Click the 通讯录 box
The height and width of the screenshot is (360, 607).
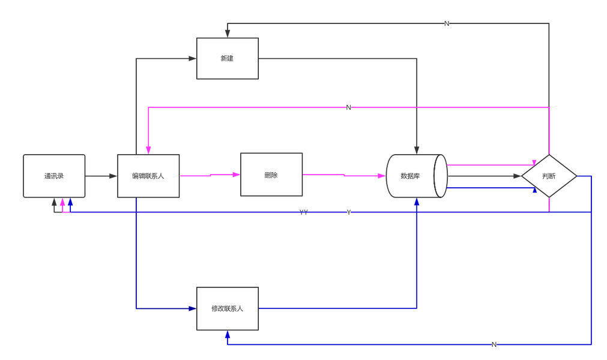point(54,176)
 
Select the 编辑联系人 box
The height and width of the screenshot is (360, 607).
point(148,176)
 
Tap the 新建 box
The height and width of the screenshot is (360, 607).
point(228,58)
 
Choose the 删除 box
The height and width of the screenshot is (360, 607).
point(271,175)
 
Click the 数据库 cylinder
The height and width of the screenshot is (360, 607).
point(417,176)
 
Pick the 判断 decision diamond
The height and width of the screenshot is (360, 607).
point(549,176)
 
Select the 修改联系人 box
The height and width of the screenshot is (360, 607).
point(228,308)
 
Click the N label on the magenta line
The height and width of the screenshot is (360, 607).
point(348,107)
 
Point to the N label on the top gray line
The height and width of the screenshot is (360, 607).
point(447,23)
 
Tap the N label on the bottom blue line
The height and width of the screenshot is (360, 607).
point(494,344)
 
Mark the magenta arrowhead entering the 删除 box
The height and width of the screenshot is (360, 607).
point(235,175)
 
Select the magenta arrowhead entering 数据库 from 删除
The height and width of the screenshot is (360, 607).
point(380,176)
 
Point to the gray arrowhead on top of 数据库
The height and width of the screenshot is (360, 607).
point(417,148)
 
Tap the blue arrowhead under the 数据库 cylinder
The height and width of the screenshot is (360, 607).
point(417,203)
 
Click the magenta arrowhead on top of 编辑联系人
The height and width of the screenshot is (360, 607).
point(148,149)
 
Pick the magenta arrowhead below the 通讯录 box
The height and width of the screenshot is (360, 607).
point(62,203)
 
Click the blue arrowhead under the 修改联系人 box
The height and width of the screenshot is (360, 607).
point(228,336)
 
